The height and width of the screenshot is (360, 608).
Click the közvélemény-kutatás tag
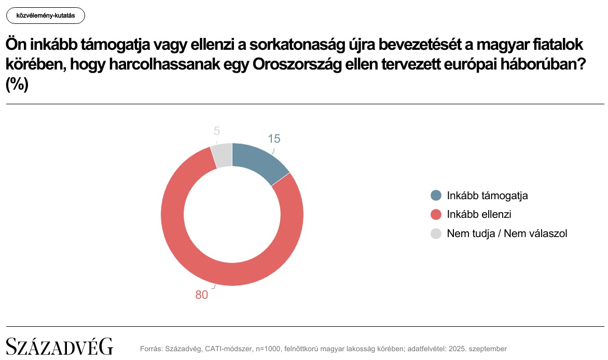point(46,16)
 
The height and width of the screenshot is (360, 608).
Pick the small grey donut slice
point(222,155)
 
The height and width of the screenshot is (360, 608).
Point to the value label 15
point(274,139)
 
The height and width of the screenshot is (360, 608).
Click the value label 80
point(201,295)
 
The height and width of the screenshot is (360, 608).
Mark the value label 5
point(217,131)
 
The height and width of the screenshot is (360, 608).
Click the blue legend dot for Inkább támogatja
point(436,196)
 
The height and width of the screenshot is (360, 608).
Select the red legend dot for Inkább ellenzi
point(436,214)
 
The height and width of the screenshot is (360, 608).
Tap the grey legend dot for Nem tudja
point(436,233)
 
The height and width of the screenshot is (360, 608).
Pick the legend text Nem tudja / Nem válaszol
point(507,233)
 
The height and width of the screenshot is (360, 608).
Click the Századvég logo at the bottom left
point(59,346)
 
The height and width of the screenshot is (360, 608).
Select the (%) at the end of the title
point(17,84)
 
